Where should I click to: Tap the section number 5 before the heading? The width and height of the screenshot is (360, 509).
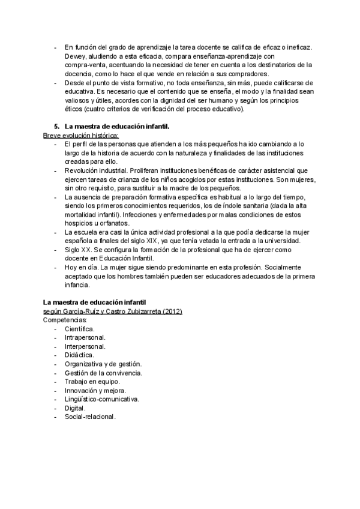click(56, 127)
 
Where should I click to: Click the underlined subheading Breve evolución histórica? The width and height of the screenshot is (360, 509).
click(81, 136)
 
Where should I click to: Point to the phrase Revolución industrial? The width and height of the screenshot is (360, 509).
click(97, 170)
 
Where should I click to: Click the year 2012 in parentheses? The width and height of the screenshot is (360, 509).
click(170, 312)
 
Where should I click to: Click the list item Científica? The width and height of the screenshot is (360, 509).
click(79, 329)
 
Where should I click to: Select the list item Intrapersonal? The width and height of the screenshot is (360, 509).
click(85, 337)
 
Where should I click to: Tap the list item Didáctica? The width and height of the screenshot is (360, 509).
click(79, 355)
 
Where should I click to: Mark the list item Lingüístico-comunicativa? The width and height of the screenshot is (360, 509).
click(101, 399)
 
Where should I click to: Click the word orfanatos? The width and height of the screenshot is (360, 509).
click(113, 223)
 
